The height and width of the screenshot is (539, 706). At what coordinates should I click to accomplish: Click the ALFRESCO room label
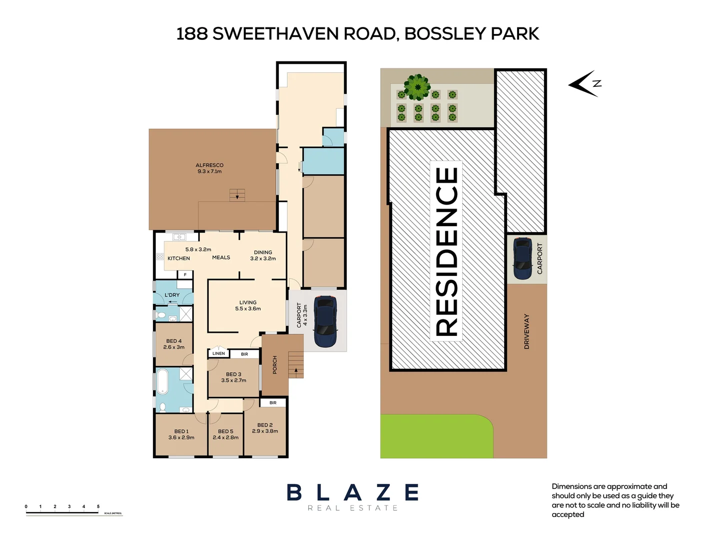(x=209, y=168)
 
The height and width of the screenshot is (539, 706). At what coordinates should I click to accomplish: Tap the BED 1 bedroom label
(x=181, y=434)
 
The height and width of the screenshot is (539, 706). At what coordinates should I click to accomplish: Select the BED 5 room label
(x=225, y=434)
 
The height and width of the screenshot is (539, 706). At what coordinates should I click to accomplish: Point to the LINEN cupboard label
(x=218, y=353)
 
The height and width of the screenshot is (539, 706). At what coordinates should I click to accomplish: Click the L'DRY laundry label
(x=172, y=295)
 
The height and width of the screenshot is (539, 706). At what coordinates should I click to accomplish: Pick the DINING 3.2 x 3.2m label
(x=263, y=256)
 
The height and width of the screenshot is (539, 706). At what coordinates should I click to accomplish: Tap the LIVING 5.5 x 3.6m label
(x=248, y=305)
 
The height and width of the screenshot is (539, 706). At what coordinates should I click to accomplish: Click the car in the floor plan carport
(x=325, y=321)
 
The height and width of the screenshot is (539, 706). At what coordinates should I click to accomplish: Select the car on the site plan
(x=523, y=258)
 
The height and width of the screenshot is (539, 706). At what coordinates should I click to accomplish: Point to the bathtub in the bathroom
(x=163, y=382)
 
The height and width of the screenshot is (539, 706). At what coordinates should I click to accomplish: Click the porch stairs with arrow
(x=296, y=365)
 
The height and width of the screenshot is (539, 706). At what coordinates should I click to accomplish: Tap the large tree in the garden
(x=417, y=87)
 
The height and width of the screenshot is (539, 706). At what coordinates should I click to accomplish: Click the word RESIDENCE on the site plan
(x=446, y=251)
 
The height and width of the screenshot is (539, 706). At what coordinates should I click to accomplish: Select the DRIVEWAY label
(x=526, y=331)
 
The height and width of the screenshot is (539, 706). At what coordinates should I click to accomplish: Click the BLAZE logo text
(x=353, y=493)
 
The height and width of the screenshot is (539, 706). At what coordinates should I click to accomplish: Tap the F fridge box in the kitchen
(x=185, y=274)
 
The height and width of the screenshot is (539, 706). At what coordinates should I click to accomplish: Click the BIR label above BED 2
(x=273, y=403)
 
